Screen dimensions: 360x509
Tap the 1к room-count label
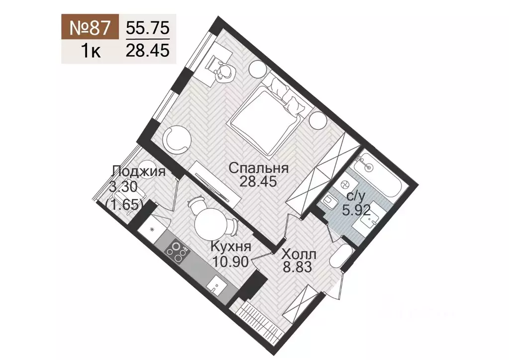[90, 51]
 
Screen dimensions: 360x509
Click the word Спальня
[259, 168]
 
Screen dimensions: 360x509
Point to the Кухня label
[230, 247]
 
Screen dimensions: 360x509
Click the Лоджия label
[139, 172]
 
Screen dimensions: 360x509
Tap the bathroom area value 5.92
[356, 209]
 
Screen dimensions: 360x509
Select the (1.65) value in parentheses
[124, 204]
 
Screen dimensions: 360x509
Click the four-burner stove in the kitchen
[178, 252]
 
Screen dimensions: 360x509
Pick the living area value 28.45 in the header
[148, 50]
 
